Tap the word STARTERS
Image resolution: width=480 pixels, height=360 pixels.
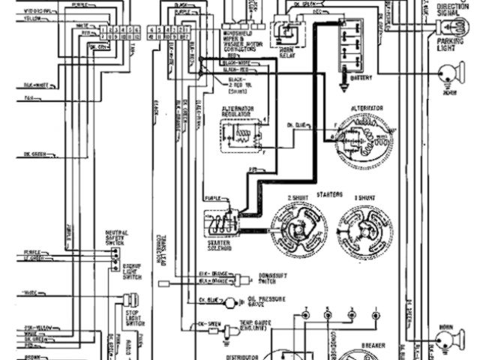coord(330,194)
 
